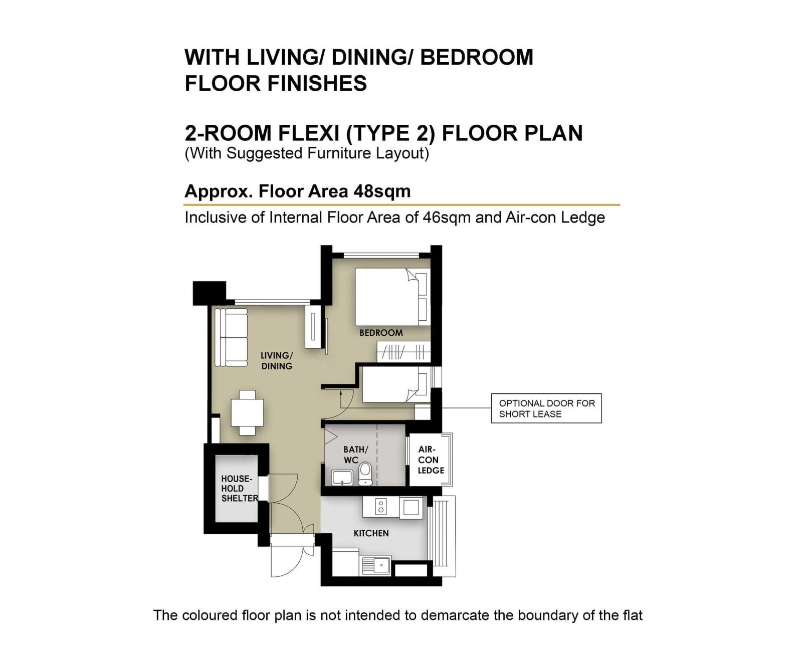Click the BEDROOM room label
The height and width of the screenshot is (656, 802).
point(380,333)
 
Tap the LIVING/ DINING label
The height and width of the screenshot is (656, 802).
point(277,360)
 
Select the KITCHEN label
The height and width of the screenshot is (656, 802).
point(371,533)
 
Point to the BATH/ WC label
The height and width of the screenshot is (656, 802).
point(355,455)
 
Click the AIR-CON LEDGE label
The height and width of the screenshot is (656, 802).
point(431,460)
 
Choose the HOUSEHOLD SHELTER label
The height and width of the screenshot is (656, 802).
point(239,488)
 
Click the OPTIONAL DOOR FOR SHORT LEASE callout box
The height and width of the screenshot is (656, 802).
point(546,408)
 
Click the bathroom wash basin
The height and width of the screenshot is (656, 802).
point(342,478)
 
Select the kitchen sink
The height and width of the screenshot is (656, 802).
point(375,565)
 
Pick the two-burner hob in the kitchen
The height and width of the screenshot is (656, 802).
point(380,507)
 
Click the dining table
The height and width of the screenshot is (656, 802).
point(247,412)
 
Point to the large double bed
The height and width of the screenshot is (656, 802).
point(392,297)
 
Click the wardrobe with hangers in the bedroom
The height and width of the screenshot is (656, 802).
point(404,352)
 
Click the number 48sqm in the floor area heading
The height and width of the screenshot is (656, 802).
point(382,191)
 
